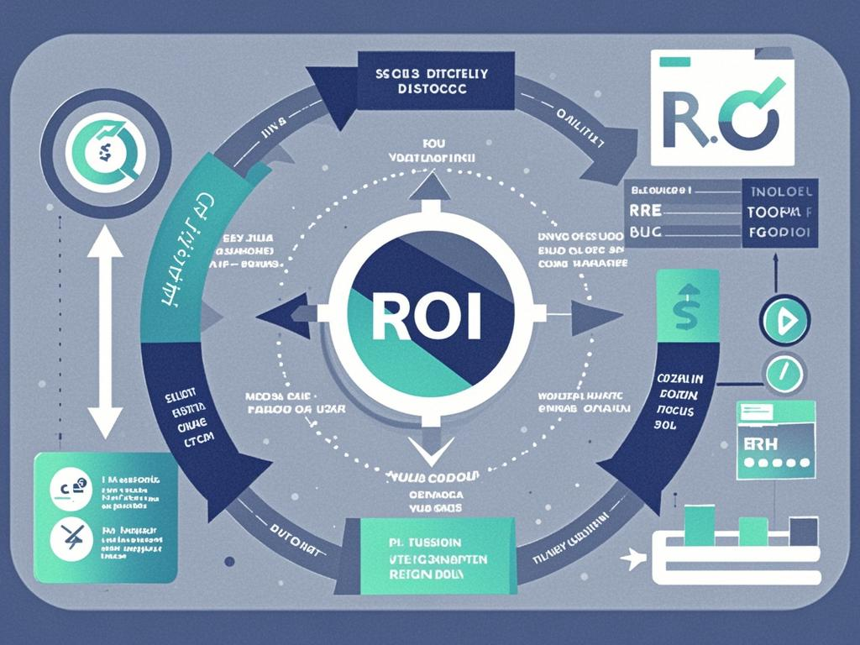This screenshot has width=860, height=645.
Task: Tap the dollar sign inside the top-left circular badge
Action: [x=105, y=151]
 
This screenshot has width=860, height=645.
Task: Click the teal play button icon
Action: [x=784, y=319]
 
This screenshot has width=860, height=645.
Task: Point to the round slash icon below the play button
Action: [x=784, y=370]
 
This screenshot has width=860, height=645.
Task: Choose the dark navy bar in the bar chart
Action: [x=804, y=531]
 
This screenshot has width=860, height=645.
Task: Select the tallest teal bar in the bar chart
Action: [x=699, y=525]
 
